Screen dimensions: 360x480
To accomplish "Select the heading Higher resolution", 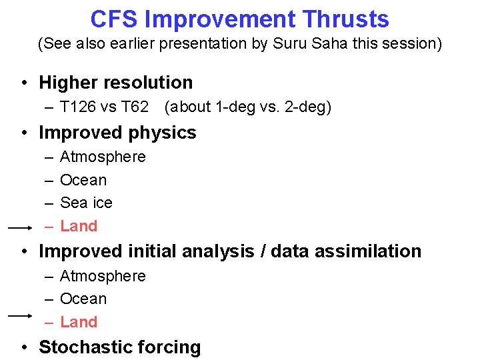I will (x=116, y=83).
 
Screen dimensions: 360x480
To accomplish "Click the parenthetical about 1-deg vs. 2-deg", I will (x=247, y=107).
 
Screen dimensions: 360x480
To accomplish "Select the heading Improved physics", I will (x=117, y=133).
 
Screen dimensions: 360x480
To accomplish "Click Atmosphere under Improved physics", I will (x=103, y=157).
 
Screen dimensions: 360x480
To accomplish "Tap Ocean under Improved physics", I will (x=83, y=180).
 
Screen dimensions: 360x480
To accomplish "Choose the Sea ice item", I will (x=86, y=203).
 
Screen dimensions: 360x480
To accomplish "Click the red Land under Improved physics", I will (x=79, y=226).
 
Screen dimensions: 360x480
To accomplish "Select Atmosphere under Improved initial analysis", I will (x=103, y=276).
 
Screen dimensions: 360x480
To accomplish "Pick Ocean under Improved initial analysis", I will (x=83, y=299).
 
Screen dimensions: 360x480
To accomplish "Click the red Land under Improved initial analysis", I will (x=79, y=322).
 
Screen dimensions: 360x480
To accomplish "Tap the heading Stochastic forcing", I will (x=119, y=347).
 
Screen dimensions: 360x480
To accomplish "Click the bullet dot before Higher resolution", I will (x=23, y=83).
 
